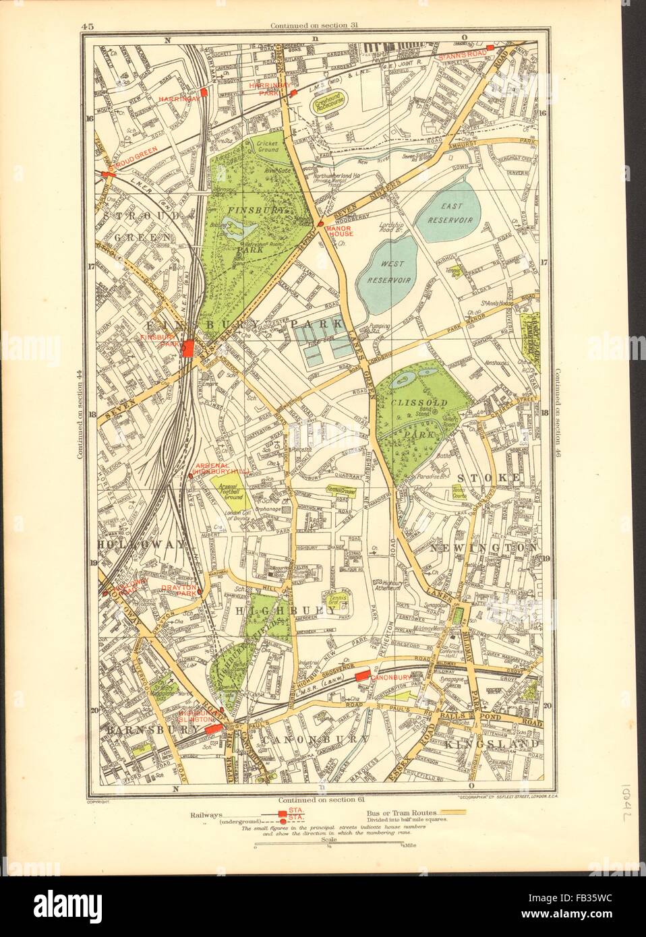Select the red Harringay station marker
click(203, 93)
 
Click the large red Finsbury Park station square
click(189, 349)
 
